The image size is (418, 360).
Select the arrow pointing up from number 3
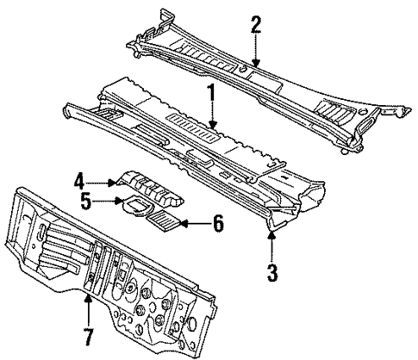tap(272, 244)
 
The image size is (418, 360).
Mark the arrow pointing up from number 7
tap(87, 306)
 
